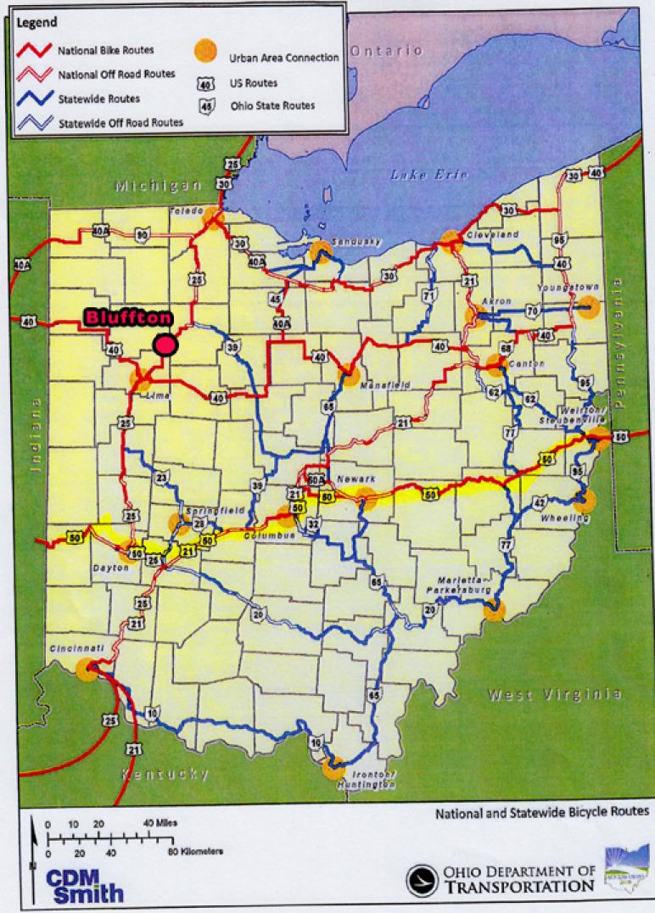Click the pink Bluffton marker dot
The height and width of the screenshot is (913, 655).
point(165,344)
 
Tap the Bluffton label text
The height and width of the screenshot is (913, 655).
point(128,318)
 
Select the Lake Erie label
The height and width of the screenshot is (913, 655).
point(417,175)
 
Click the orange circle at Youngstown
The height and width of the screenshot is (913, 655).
point(588,307)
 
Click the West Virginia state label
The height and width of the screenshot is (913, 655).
point(554,695)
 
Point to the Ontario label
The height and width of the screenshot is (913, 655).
point(386,51)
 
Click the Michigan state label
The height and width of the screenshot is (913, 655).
point(159,185)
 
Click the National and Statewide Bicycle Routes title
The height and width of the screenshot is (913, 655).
point(542,812)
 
